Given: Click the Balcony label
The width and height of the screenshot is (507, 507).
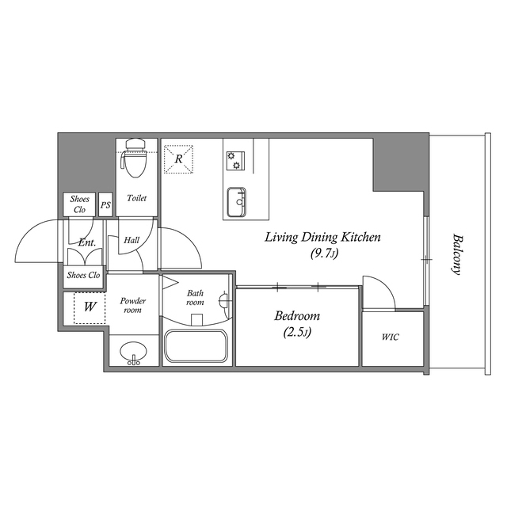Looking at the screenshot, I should click(456, 253).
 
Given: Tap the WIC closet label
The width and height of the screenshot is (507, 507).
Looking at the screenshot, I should click(390, 337).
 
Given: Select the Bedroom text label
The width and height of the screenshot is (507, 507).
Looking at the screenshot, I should click(296, 316).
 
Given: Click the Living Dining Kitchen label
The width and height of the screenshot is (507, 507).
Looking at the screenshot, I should click(322, 237).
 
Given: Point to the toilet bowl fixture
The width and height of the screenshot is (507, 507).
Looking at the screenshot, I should click(133, 159).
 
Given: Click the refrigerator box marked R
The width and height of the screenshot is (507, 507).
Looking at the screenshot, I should click(179, 158).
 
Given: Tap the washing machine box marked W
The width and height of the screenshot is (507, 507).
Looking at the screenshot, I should click(90, 307).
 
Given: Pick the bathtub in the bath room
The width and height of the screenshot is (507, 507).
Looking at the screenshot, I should click(196, 347).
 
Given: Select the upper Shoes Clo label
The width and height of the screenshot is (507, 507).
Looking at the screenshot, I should click(79, 204).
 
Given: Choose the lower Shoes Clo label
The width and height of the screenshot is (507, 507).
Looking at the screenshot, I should click(83, 276).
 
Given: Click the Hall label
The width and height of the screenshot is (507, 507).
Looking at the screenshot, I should click(132, 239).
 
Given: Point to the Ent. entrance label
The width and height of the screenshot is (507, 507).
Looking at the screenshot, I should click(86, 243).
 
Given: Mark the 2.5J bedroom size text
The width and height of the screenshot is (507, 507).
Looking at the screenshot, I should click(296, 333).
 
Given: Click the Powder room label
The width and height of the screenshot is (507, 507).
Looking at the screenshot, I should click(132, 305).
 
